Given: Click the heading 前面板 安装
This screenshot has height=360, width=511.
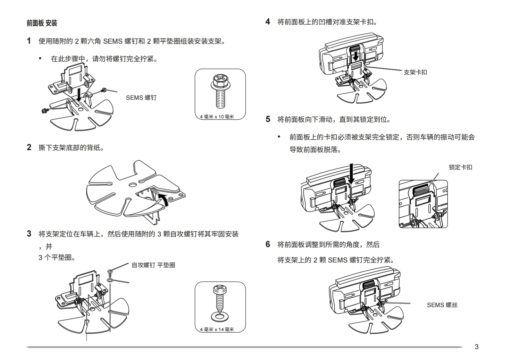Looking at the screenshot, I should coord(42,23).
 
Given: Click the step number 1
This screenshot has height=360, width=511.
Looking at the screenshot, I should coord(29,41).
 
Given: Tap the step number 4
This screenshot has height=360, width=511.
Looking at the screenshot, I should coord(268,21).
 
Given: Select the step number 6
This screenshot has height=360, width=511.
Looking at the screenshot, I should coord(268,244).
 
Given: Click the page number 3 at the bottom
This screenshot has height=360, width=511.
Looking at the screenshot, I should coord(476,347).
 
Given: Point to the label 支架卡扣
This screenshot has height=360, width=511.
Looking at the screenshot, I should coord(415,72).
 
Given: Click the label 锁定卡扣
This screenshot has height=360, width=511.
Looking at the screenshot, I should coord(460,167).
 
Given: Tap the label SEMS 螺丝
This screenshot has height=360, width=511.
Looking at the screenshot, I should coord(442,305).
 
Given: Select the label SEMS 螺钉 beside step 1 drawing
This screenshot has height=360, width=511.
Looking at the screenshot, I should coord(141,98).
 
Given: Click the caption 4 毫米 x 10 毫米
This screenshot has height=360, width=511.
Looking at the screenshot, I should coord(217,117).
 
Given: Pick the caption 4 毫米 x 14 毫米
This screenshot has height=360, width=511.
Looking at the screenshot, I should coord(217,330).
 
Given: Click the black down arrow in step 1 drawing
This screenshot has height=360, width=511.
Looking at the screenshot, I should coord(79,94).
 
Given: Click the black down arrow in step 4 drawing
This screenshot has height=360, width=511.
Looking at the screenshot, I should coord(356,57).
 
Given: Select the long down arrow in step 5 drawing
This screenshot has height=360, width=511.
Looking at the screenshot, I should coord(352,174).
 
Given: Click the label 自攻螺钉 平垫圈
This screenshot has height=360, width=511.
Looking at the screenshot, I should coord(153,265).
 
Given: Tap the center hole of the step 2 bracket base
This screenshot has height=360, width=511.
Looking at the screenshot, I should coord(132,185).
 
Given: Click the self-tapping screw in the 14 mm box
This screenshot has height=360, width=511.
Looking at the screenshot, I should coord(220,298).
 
